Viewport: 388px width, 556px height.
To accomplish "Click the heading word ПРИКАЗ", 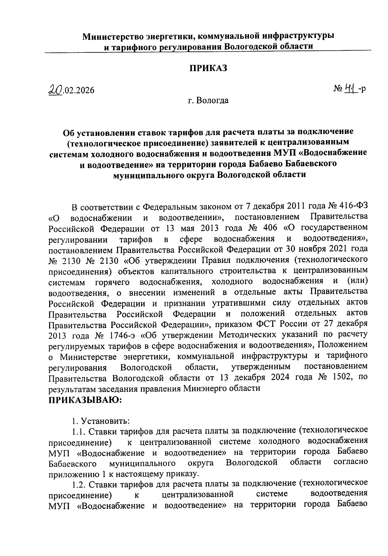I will coord(208,68).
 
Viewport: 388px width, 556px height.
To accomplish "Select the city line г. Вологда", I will coord(208,101).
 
